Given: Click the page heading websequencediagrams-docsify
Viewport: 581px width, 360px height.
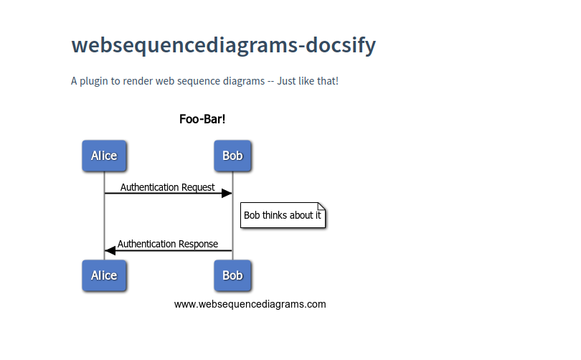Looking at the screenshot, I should click(223, 45).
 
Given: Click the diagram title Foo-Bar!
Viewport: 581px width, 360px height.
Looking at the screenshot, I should click(202, 119).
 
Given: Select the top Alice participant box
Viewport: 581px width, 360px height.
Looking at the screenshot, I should click(104, 156).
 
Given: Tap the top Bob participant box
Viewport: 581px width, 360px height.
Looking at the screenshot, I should click(232, 156).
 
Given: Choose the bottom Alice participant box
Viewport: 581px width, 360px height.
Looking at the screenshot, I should click(104, 275).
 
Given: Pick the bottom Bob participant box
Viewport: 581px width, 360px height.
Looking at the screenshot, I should click(232, 275).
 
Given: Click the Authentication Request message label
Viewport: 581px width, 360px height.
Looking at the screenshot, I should click(167, 187).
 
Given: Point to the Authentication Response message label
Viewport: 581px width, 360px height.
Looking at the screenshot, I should click(168, 244).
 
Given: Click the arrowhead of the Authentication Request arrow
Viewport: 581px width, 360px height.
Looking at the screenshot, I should click(226, 193).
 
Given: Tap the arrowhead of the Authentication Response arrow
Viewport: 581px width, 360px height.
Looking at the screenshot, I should click(110, 250).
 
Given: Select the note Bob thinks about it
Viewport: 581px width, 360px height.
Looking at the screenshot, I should click(283, 215).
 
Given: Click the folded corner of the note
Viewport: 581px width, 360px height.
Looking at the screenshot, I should click(321, 207).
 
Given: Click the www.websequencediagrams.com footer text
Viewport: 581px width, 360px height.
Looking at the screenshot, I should click(250, 304).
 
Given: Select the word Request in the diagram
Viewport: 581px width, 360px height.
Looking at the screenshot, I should click(197, 187).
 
